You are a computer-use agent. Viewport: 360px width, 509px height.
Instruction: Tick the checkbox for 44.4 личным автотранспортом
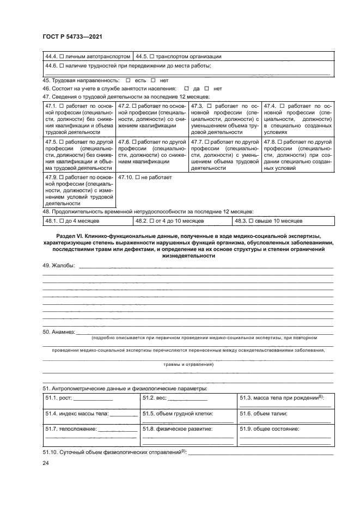point(62,56)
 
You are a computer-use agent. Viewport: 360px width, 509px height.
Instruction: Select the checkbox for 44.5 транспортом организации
point(152,56)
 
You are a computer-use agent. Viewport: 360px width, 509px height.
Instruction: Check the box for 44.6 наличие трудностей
point(62,66)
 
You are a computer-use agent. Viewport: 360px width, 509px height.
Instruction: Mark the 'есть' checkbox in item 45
point(127,80)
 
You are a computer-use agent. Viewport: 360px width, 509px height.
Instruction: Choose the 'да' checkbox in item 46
point(186,88)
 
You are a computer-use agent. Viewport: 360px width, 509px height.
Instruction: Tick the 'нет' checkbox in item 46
point(208,88)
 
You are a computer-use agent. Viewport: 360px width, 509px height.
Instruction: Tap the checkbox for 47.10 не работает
point(137,177)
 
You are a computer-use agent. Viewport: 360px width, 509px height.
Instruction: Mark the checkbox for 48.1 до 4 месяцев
point(62,221)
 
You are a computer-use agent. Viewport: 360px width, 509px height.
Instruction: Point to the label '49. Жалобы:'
point(60,266)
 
